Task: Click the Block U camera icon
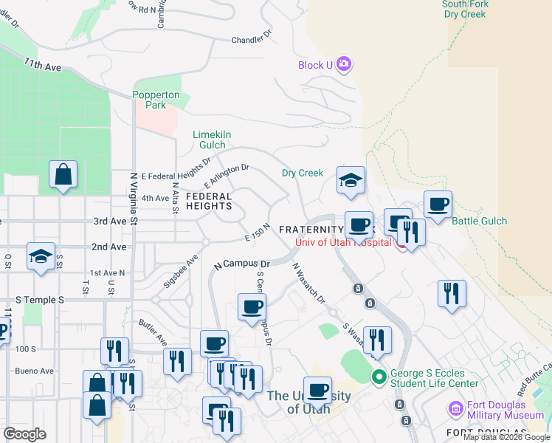pos(344,65)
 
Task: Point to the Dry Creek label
pos(303,174)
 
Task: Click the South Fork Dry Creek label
pos(466,9)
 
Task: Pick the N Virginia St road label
pos(134,199)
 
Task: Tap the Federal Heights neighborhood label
pos(209,202)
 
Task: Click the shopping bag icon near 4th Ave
pos(63,175)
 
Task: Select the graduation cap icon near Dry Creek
pos(351,179)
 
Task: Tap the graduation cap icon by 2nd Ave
pos(41,256)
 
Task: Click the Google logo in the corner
pos(25,434)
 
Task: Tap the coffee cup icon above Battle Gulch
pos(438,204)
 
